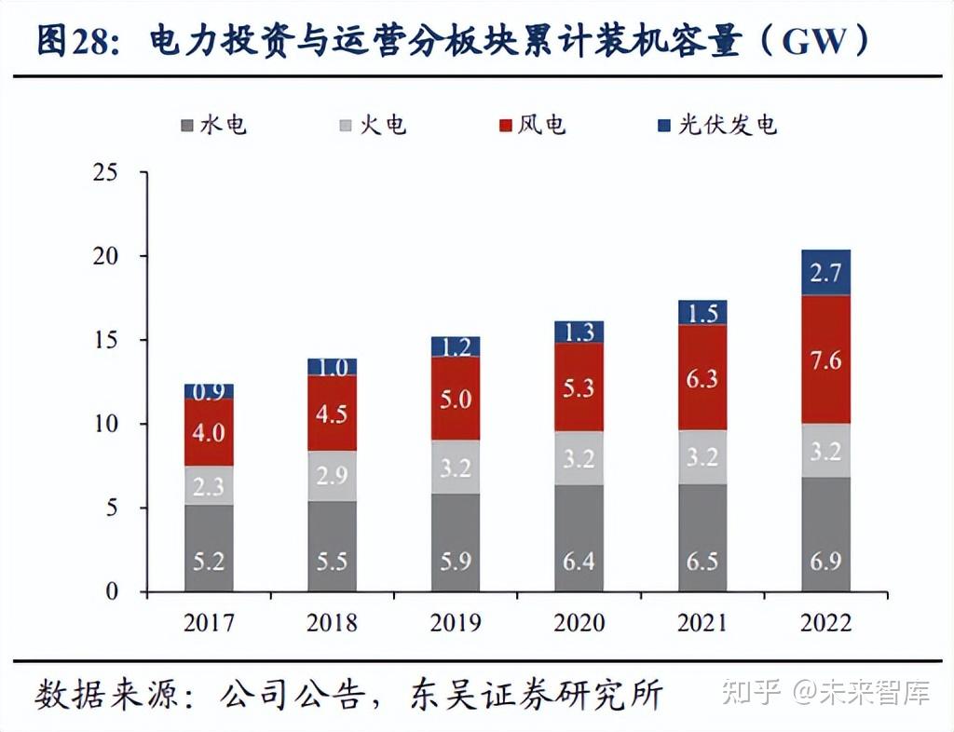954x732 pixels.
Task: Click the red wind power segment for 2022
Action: coord(825,359)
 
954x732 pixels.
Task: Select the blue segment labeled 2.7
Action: coord(825,273)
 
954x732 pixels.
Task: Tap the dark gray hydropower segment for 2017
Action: coord(209,549)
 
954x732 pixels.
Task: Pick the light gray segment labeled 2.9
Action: coord(332,476)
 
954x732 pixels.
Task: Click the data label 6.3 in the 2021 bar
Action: coord(702,378)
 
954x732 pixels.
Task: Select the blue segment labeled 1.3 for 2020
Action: coord(579,332)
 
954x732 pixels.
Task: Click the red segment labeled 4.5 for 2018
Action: coord(332,413)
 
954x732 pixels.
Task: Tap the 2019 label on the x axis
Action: coord(456,622)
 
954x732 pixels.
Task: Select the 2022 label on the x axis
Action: coord(825,622)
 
